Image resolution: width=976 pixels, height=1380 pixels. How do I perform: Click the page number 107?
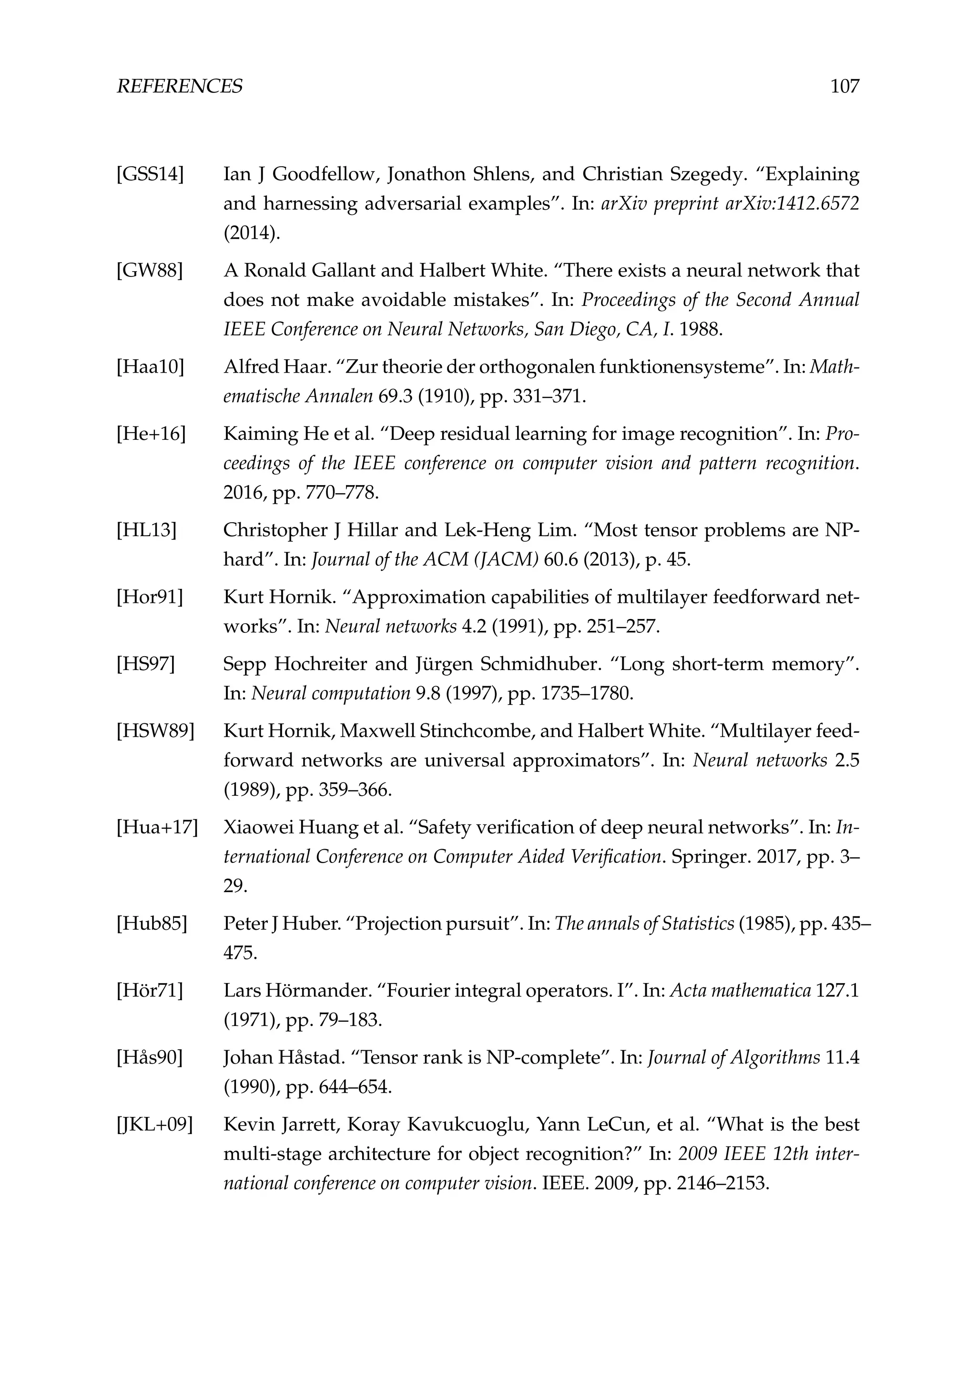pyautogui.click(x=844, y=87)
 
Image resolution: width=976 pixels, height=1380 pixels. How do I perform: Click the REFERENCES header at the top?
pyautogui.click(x=179, y=87)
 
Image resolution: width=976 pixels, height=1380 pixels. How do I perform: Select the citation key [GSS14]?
pyautogui.click(x=150, y=175)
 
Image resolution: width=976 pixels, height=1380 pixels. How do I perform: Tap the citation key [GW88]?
pyautogui.click(x=149, y=271)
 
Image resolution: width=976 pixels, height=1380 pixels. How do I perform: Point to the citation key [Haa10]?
pyautogui.click(x=150, y=367)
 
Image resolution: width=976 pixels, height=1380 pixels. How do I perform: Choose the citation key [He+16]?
pyautogui.click(x=151, y=434)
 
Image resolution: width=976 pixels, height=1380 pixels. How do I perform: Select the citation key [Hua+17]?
pyautogui.click(x=157, y=828)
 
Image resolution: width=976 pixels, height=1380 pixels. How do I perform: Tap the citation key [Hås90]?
pyautogui.click(x=149, y=1058)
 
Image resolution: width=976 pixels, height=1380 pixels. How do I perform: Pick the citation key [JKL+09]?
pyautogui.click(x=154, y=1125)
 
